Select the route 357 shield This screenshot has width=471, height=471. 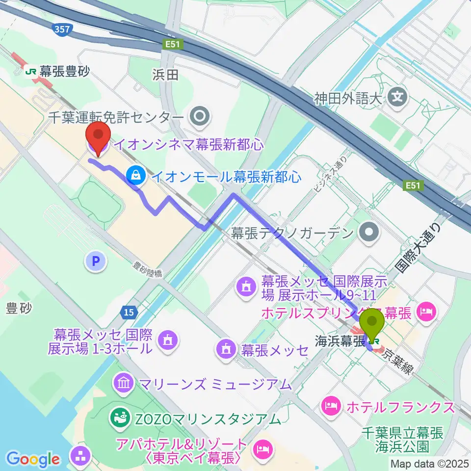[62, 29]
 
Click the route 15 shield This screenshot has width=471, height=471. [129, 312]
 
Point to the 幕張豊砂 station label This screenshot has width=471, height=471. [58, 72]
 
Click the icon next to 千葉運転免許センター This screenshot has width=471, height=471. [200, 117]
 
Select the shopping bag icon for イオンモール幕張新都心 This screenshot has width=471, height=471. [133, 175]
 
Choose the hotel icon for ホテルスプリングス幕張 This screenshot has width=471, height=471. [424, 311]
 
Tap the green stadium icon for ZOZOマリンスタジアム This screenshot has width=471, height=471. [118, 419]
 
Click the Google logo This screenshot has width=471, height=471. [32, 459]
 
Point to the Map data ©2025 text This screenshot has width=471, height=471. [429, 463]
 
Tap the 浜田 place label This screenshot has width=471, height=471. [165, 75]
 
